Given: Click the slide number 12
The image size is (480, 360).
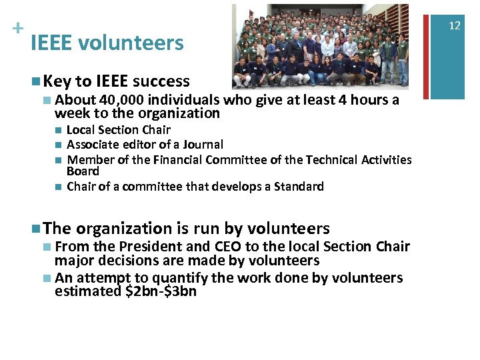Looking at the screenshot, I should [455, 25].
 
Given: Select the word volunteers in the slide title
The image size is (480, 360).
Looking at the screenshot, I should [131, 43].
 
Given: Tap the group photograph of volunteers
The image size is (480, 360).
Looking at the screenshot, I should [320, 47].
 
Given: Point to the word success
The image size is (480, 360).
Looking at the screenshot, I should [161, 81].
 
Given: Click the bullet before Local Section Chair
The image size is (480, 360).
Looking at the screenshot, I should [59, 130].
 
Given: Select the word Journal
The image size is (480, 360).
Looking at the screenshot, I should [202, 145].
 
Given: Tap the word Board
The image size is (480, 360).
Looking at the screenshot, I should [83, 171].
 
